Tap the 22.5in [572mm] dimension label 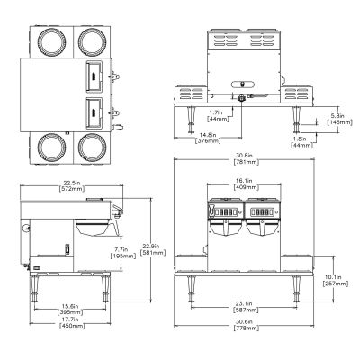pyautogui.click(x=72, y=186)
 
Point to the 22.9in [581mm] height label pyautogui.click(x=154, y=249)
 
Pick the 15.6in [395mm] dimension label pyautogui.click(x=70, y=310)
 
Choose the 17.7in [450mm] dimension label pyautogui.click(x=72, y=323)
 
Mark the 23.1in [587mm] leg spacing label pyautogui.click(x=246, y=307)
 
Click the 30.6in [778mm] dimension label pyautogui.click(x=246, y=325)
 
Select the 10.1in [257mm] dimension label pyautogui.click(x=335, y=280)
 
